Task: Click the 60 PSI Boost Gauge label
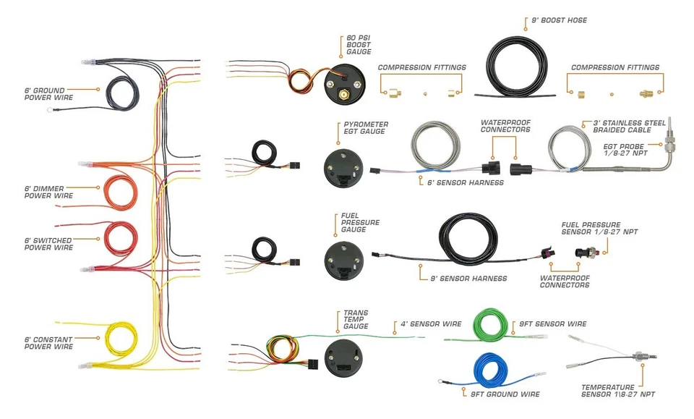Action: (x=359, y=45)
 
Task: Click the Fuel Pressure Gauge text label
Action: (x=360, y=222)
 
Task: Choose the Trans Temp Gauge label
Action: (x=356, y=320)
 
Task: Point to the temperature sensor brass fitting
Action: (x=639, y=357)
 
